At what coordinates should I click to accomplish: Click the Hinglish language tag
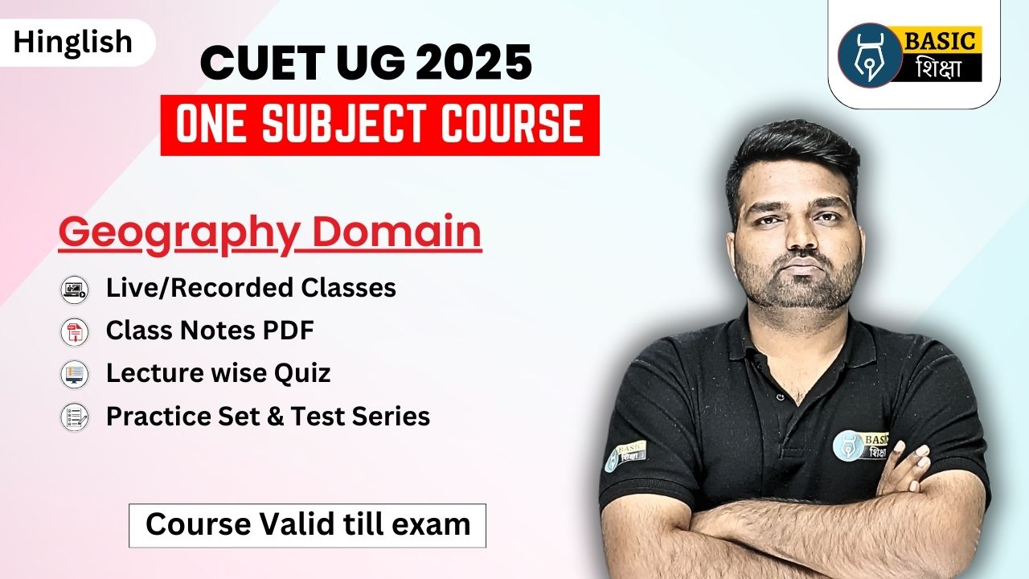pos(73,43)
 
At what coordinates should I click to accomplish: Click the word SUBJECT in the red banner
pos(342,124)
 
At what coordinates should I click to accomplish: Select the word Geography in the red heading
pos(179,233)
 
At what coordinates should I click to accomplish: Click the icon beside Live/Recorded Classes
pos(75,290)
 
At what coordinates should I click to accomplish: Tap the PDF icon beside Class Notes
pos(75,332)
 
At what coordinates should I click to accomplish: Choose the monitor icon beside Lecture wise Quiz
pos(75,375)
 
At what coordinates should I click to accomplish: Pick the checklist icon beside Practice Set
pos(75,417)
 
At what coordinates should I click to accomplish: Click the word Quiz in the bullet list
pos(302,373)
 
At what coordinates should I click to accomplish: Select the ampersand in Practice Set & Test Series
pos(275,417)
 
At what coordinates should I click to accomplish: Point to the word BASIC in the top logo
pos(940,41)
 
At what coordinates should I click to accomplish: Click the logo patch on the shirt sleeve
pos(625,456)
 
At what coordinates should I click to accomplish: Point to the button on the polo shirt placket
pos(780,396)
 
